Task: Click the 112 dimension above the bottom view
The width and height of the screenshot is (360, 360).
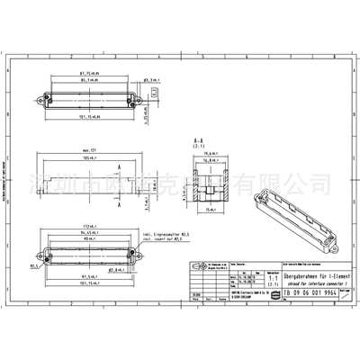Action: coord(86,225)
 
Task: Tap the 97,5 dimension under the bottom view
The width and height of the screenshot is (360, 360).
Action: coord(85,275)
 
